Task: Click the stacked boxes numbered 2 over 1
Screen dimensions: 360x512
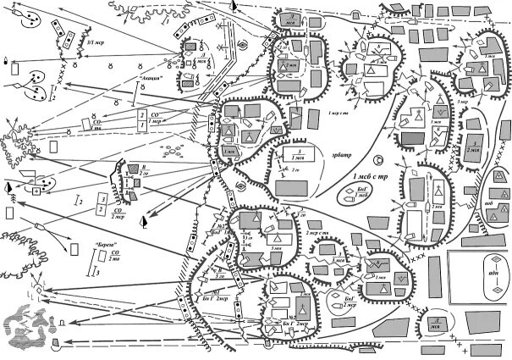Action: coord(142,118)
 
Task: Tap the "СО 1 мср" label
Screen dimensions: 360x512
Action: coord(155,118)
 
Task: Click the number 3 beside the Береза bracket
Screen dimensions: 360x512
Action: coord(98,273)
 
